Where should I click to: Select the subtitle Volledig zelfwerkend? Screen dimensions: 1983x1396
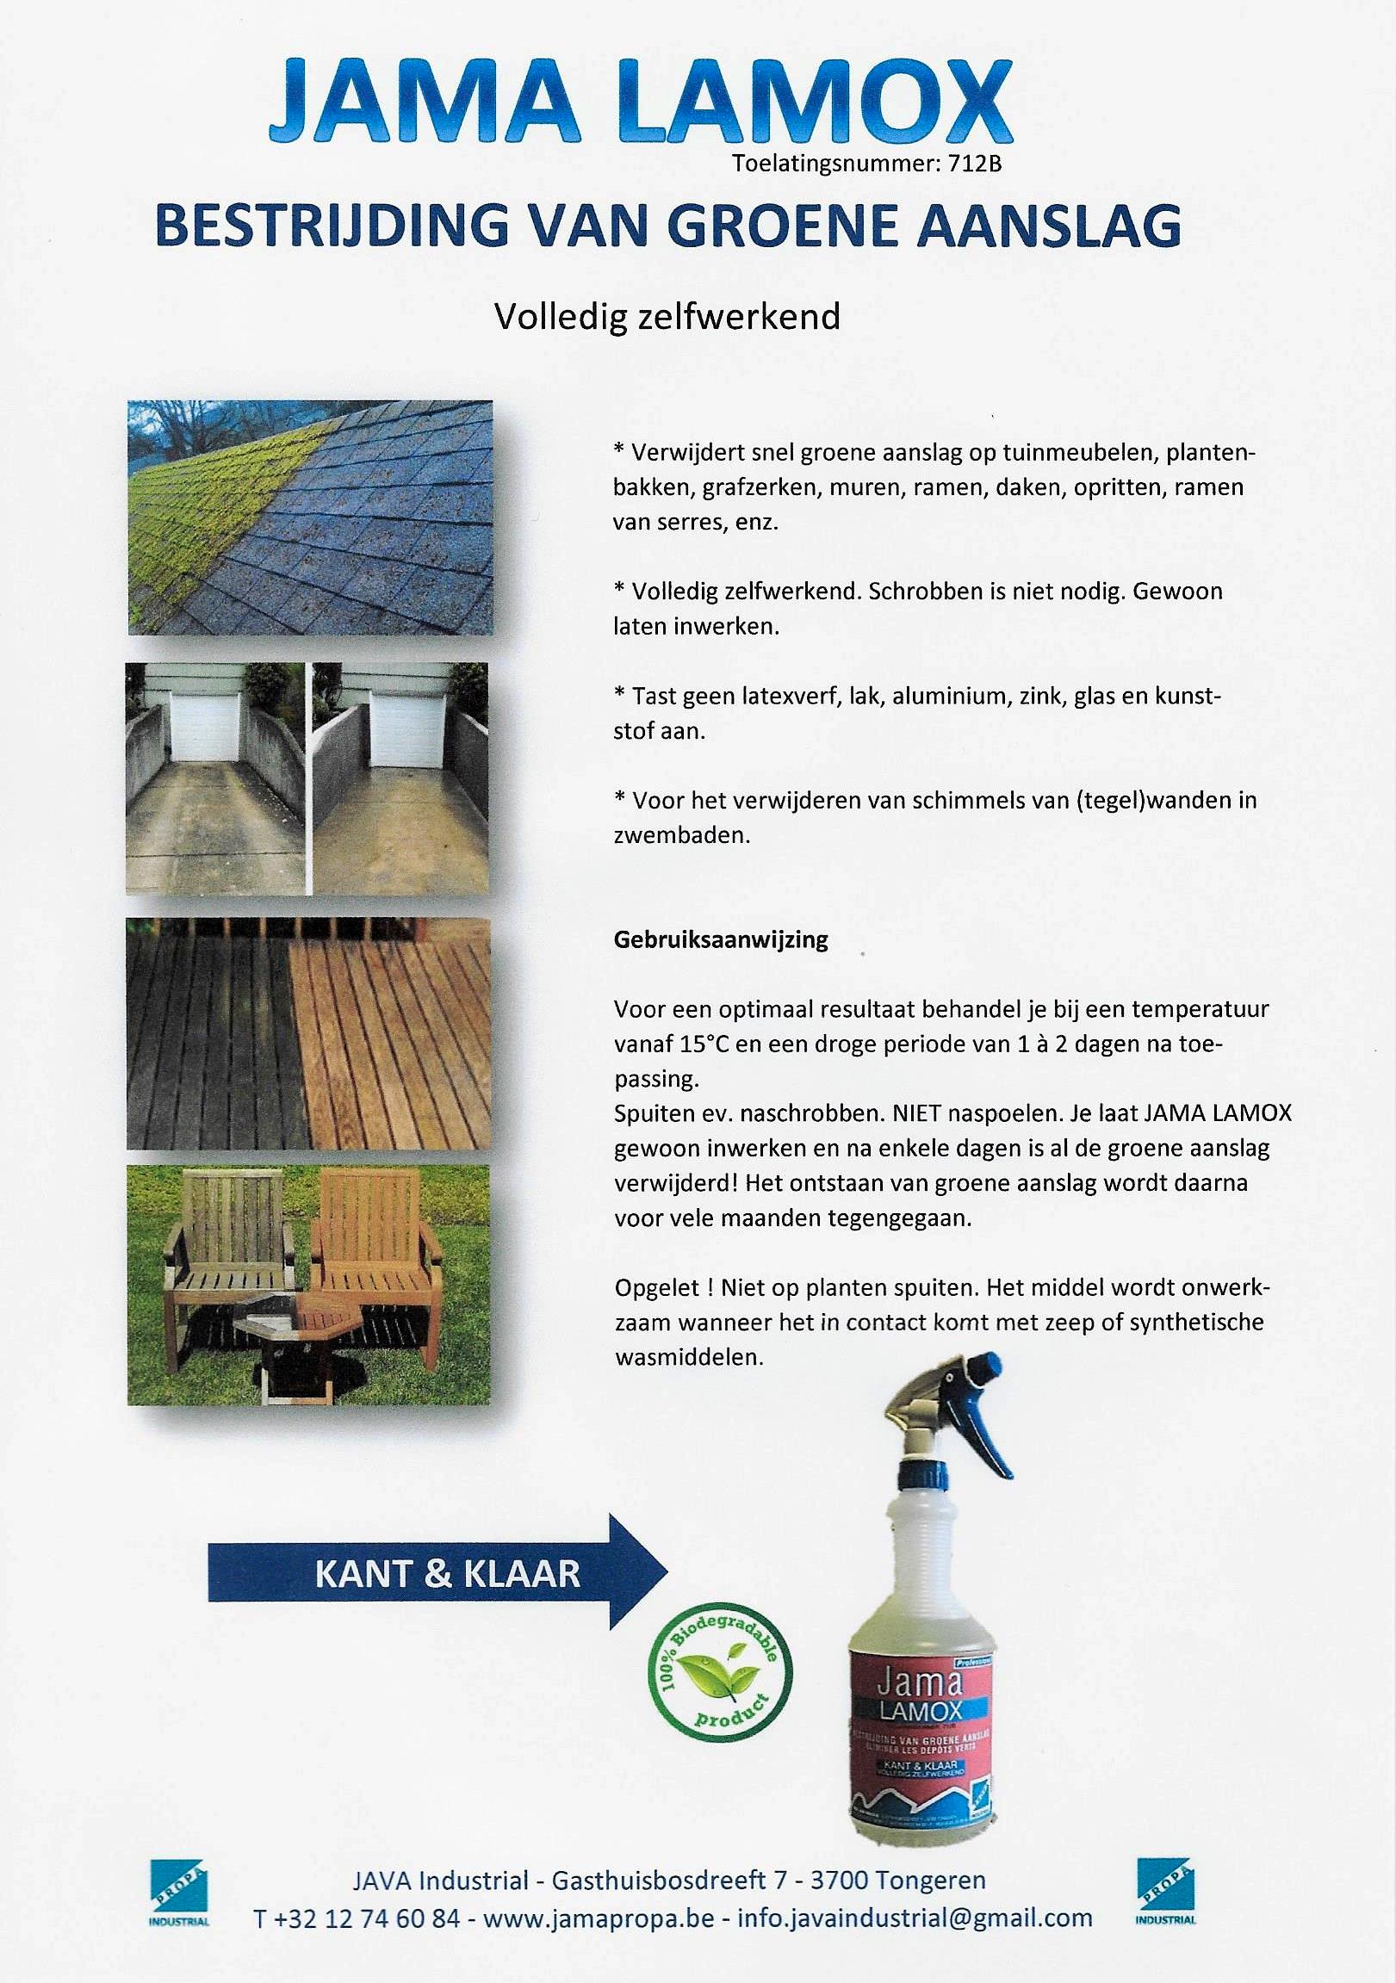[666, 317]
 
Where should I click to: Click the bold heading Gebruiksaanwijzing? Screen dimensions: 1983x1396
[721, 939]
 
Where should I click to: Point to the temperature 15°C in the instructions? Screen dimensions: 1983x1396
[705, 1044]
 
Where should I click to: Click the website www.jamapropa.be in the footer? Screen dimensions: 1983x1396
[598, 1919]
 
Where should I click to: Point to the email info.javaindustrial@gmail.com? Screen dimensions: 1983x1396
[915, 1919]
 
